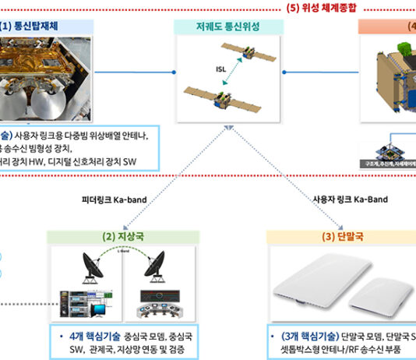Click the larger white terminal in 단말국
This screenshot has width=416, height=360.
(319, 284)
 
